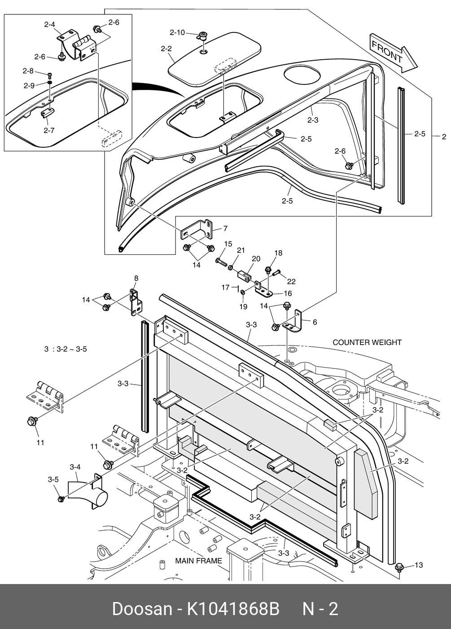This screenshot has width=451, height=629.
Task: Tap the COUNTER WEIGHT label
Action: [367, 342]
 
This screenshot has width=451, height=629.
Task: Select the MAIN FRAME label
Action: [198, 561]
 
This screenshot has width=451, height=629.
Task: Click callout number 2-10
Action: [177, 32]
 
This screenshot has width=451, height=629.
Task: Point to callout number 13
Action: [418, 565]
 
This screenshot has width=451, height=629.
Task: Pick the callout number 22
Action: [291, 281]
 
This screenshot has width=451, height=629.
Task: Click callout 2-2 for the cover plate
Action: [166, 49]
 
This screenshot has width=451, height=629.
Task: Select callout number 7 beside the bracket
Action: [225, 228]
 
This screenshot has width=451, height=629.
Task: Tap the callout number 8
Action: [136, 278]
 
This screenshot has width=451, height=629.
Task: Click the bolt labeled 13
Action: [399, 568]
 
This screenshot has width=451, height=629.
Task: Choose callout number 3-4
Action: [75, 467]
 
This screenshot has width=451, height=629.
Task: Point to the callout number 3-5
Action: [53, 479]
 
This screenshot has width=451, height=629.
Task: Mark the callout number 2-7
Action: [49, 131]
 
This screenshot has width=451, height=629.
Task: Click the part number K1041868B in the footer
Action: [233, 609]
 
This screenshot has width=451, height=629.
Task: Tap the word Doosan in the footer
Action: [142, 609]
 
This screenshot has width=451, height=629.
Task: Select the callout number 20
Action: [256, 259]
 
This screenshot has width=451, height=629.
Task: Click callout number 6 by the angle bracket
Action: [315, 322]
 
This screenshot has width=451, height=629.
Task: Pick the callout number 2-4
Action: [49, 25]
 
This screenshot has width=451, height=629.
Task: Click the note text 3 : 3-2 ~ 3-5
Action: [66, 349]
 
